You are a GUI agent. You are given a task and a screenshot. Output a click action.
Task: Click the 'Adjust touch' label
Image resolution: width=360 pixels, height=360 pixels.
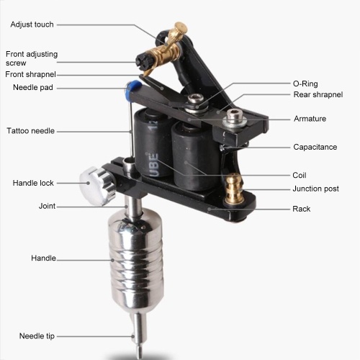[x=32, y=24]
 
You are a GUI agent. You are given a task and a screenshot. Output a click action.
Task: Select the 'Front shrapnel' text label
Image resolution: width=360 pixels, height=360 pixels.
[x=30, y=74]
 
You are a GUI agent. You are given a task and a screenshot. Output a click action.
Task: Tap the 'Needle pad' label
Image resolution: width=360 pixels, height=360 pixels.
[x=33, y=87]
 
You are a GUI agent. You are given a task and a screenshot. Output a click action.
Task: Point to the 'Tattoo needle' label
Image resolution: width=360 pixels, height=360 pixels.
[x=30, y=131]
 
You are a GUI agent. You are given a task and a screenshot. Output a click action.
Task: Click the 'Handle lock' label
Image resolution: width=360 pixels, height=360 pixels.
[x=33, y=183]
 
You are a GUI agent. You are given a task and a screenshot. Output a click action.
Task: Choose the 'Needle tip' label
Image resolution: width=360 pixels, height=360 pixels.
[x=37, y=336]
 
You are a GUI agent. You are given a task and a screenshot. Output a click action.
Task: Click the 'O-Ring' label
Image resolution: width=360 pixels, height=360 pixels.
[x=305, y=84]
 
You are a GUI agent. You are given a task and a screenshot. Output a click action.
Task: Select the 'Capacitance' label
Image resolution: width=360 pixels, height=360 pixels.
[x=315, y=147]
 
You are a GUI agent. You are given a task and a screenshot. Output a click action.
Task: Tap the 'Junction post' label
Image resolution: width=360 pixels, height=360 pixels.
[x=315, y=189]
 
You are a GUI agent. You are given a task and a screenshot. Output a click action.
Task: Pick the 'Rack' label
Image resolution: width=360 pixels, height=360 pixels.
[x=302, y=209]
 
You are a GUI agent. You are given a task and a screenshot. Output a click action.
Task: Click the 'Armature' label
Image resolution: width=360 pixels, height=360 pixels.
[x=310, y=119]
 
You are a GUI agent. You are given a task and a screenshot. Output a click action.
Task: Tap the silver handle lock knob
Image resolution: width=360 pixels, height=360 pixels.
[x=96, y=186]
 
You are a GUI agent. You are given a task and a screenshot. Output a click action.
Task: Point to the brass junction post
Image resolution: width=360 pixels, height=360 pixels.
[x=234, y=189]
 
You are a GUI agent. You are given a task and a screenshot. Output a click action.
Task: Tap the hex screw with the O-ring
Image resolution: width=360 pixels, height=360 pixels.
[x=196, y=103]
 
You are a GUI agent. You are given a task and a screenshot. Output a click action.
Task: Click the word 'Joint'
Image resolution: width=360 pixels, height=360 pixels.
[x=47, y=206]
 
